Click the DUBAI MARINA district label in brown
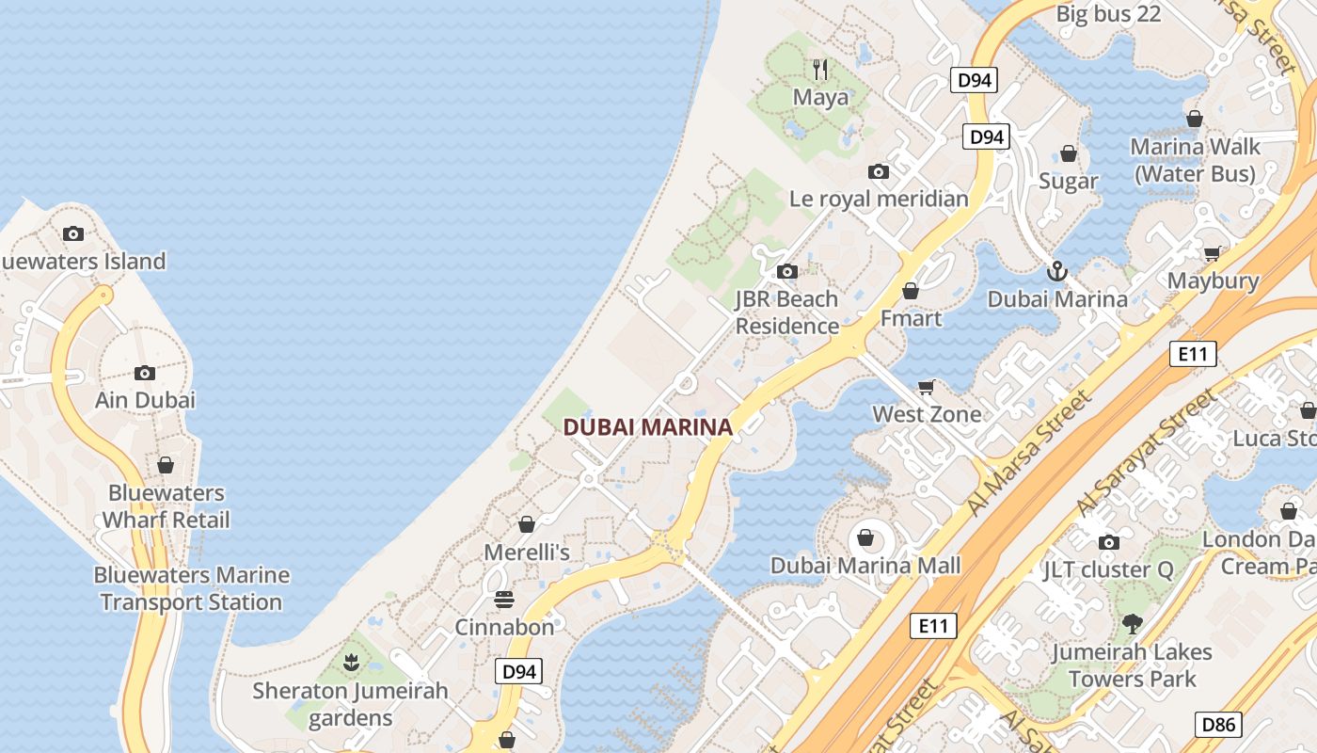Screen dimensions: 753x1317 (x=647, y=426)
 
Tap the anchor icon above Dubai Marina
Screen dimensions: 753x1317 (x=1057, y=272)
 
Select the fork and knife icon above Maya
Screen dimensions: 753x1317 (x=820, y=69)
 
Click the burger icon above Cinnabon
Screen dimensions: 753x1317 (x=504, y=600)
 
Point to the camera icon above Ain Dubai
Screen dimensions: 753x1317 (x=145, y=373)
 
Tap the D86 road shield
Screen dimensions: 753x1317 (x=1218, y=724)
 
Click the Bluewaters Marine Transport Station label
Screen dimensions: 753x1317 (x=192, y=588)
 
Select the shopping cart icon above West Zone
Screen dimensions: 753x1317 (x=927, y=387)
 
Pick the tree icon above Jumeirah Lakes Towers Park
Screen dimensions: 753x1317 (x=1132, y=623)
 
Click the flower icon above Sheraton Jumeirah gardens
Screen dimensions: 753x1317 (x=351, y=663)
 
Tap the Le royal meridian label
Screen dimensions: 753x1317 (x=879, y=199)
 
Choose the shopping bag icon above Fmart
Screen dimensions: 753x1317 (x=910, y=291)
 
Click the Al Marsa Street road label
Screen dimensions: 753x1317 (x=1031, y=452)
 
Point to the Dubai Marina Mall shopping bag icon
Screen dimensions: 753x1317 (x=865, y=538)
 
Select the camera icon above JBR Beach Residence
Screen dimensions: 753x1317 (x=787, y=272)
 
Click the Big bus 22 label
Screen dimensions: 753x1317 (x=1108, y=14)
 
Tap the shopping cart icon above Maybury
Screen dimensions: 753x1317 (x=1212, y=253)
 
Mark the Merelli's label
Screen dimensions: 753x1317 (x=527, y=552)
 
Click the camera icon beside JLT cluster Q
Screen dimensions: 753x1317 (x=1109, y=542)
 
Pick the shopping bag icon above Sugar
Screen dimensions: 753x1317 (x=1069, y=153)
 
